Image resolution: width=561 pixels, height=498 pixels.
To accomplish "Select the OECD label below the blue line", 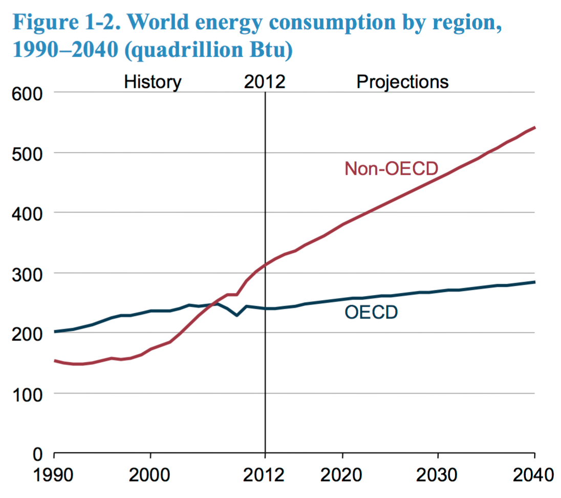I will [x=371, y=312].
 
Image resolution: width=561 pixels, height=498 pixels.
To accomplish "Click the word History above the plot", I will [x=153, y=82].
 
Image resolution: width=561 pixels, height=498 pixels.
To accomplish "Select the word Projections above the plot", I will [x=402, y=82].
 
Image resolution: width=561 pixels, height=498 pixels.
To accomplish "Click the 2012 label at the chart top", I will [x=265, y=82].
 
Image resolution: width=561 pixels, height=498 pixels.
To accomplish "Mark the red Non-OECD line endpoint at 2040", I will [x=534, y=127].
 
